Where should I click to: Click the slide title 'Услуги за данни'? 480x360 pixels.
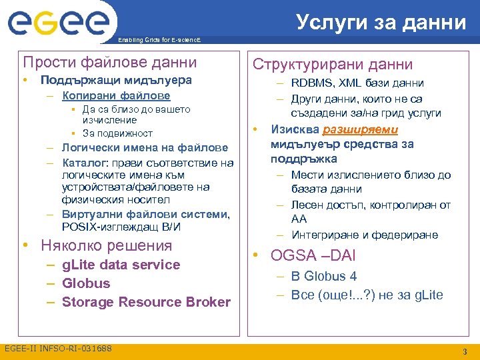[381, 22]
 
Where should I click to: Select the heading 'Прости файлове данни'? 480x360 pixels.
[110, 63]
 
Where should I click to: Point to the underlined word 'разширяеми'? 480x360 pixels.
[360, 130]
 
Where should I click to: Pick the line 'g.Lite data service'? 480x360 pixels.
[121, 265]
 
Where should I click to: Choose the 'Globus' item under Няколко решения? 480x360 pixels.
[86, 283]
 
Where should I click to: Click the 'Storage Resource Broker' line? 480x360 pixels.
[146, 302]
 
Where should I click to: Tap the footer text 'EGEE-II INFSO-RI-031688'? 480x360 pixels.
[58, 349]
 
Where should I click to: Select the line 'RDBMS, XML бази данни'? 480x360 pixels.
[357, 83]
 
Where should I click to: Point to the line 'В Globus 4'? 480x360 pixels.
[323, 276]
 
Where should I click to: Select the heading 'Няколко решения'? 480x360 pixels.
[106, 245]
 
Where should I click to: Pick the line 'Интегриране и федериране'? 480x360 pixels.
[365, 235]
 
